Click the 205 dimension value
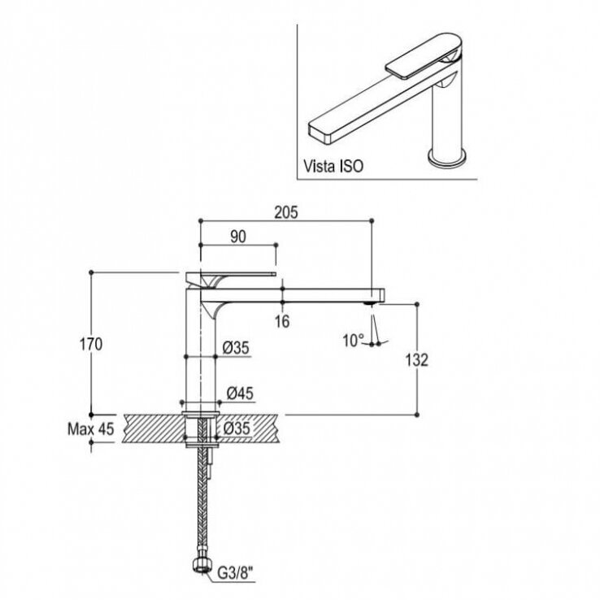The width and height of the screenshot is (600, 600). click(286, 212)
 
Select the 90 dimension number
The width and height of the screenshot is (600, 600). click(238, 237)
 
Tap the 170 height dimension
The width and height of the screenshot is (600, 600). click(91, 345)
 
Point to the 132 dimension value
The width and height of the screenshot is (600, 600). click(417, 360)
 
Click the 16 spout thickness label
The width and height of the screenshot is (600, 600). click(282, 321)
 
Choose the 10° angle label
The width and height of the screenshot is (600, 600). click(353, 340)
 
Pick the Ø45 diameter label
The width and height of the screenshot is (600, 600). click(240, 393)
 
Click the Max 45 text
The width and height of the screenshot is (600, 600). click(91, 429)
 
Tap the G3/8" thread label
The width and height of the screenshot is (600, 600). click(236, 573)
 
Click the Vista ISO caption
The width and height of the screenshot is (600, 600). click(333, 166)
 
